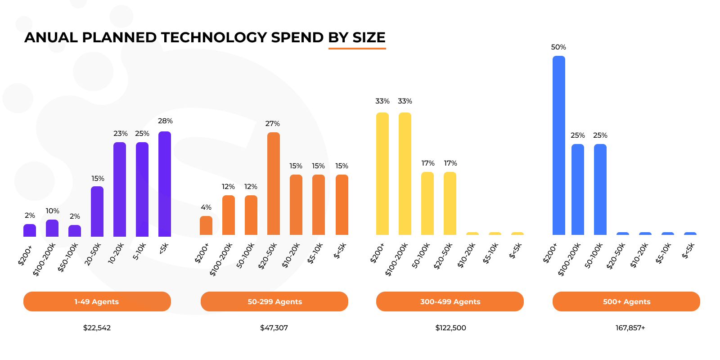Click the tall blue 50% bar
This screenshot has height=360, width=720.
(558, 145)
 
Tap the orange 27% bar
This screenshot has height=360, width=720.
(274, 184)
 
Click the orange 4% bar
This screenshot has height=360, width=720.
(206, 225)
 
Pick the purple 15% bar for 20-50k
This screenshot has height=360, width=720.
(97, 211)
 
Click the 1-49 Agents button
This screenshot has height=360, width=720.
(97, 301)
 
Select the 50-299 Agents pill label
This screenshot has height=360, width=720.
(274, 301)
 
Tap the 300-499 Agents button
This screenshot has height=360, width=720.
(450, 301)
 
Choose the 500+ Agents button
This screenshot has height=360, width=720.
(626, 301)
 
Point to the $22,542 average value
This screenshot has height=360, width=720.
(97, 328)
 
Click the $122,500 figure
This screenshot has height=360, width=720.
(450, 328)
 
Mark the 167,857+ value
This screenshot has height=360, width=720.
(630, 328)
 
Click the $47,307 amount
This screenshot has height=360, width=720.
(274, 328)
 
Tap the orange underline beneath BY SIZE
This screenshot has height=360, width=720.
(357, 48)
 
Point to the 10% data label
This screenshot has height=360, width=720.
(52, 211)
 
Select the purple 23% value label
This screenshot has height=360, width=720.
(120, 134)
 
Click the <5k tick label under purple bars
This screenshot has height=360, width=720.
(164, 248)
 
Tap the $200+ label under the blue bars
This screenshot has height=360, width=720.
(550, 253)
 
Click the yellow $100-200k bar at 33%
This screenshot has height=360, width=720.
(405, 173)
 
